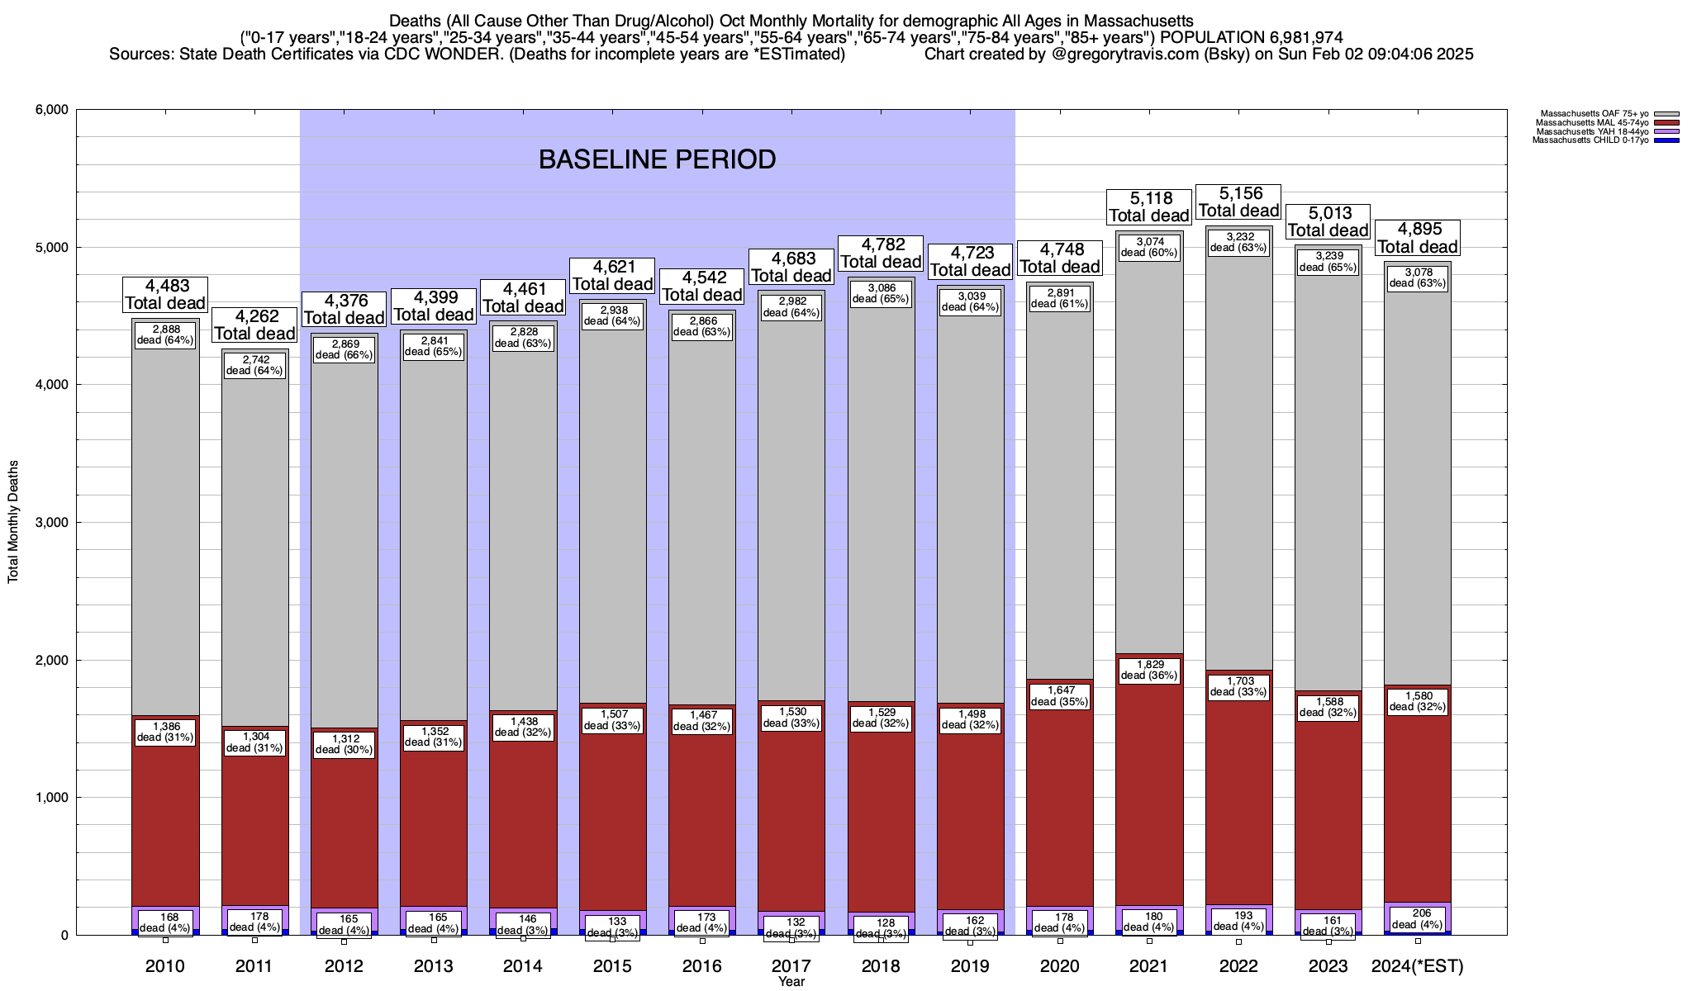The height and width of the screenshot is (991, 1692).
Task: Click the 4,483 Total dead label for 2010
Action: coord(165,294)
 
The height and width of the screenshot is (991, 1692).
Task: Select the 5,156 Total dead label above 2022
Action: coord(1239,202)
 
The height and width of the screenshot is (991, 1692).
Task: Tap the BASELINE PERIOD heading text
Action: coord(657,159)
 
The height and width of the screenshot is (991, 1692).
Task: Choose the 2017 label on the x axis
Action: coord(791,965)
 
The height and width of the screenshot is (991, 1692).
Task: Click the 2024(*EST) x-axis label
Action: coord(1417,965)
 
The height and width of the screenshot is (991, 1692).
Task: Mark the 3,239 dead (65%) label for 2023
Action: coord(1328,262)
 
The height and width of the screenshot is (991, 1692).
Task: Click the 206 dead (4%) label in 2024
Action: coord(1418,918)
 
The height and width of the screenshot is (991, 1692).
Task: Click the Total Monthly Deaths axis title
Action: coord(13,522)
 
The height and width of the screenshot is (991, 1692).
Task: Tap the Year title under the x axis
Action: coord(791,982)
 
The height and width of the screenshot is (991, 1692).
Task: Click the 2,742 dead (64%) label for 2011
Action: coord(254,365)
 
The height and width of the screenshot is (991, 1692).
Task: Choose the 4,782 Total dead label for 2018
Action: coord(881,253)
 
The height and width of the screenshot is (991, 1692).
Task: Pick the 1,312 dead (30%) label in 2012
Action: coord(345,744)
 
